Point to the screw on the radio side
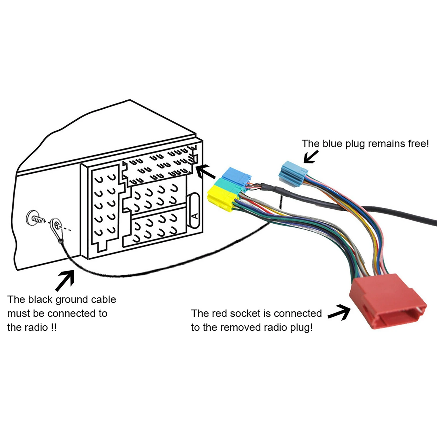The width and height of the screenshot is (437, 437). [35, 218]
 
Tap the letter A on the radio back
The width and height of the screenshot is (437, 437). [195, 216]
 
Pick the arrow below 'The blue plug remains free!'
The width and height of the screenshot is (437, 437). [311, 157]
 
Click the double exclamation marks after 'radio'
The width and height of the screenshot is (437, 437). [53, 328]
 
